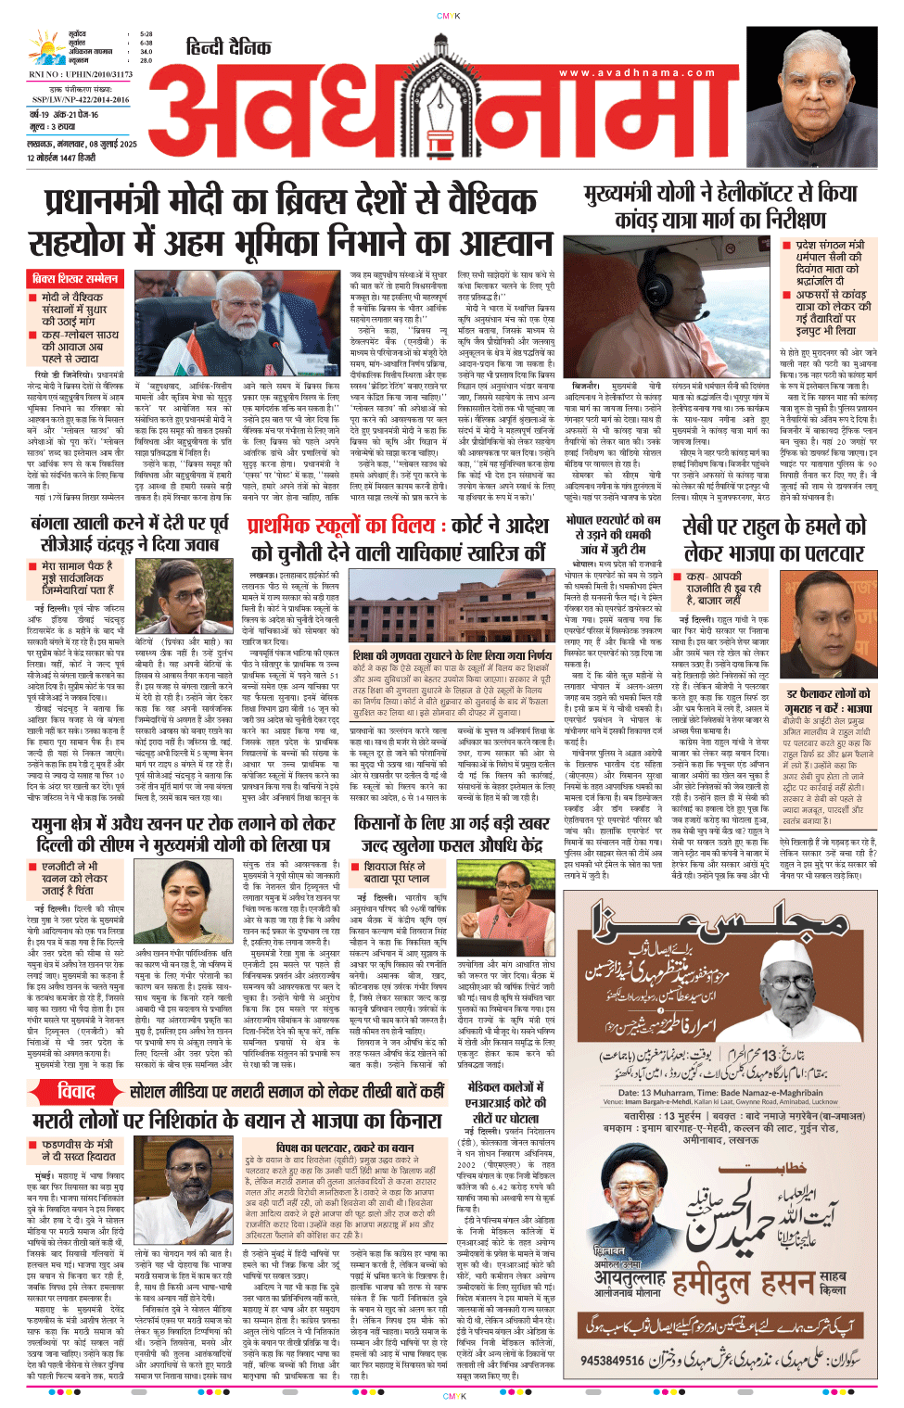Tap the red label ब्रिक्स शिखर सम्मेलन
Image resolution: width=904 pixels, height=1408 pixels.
click(x=75, y=278)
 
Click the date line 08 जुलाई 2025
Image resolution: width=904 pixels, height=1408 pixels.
click(x=83, y=144)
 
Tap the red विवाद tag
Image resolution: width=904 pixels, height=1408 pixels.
click(x=76, y=1091)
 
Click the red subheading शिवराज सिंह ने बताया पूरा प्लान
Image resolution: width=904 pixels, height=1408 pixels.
click(x=396, y=872)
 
